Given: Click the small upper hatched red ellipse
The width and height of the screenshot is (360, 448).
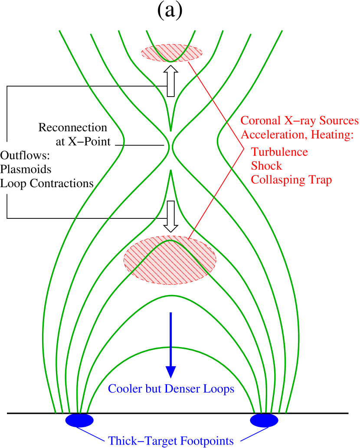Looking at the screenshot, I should tap(172, 53).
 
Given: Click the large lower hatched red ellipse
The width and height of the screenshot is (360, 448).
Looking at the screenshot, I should tap(170, 260).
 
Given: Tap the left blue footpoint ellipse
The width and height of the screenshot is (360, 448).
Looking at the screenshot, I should tap(79, 420).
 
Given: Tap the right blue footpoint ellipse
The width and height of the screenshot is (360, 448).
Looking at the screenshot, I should tap(264, 420).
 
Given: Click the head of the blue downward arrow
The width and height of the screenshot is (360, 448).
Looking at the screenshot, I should tap(171, 372).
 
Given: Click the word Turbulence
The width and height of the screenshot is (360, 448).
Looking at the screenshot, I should tap(280, 152).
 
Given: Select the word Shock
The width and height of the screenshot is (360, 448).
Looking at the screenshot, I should tap(266, 166).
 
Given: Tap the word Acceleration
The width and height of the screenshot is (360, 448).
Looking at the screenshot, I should tap(272, 135).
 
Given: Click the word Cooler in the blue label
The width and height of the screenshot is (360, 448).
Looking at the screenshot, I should tap(122, 389).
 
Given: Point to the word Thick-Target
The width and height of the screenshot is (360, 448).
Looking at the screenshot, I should tap(139, 441).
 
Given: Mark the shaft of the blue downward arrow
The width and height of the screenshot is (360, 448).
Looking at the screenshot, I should tap(171, 338).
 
